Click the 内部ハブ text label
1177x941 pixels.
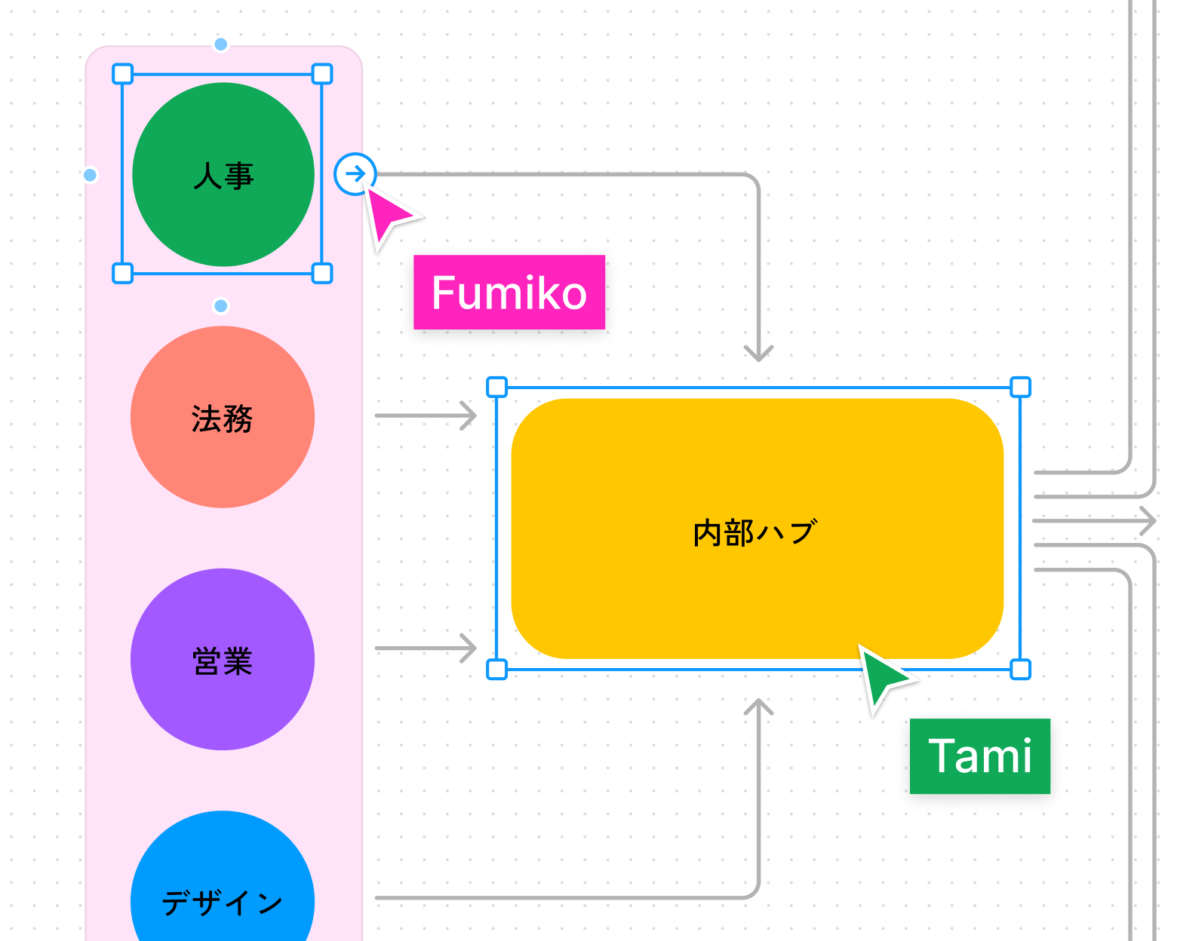754,532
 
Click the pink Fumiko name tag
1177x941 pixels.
509,293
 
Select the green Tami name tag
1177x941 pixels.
979,756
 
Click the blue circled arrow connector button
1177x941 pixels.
355,174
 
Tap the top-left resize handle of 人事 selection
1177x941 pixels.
122,74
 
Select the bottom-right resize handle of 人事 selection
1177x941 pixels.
322,273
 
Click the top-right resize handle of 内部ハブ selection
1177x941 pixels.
1020,388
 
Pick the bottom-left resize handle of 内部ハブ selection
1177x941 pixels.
496,669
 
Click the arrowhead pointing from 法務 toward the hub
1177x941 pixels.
469,415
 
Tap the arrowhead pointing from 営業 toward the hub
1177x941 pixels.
469,648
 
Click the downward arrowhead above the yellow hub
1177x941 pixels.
758,353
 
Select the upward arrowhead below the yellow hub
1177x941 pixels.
758,707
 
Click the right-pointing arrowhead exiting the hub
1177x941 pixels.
1148,520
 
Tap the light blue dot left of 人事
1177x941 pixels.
90,175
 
